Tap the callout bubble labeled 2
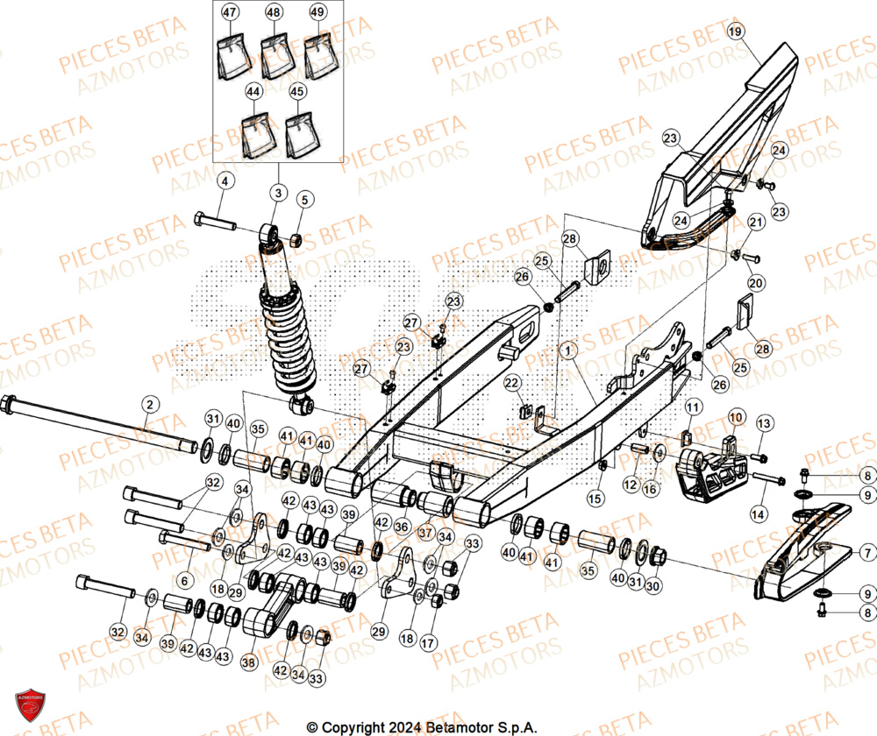point(150,404)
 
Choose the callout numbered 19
point(735,32)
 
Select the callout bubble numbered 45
point(298,90)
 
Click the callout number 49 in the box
point(317,12)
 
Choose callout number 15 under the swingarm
point(595,499)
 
